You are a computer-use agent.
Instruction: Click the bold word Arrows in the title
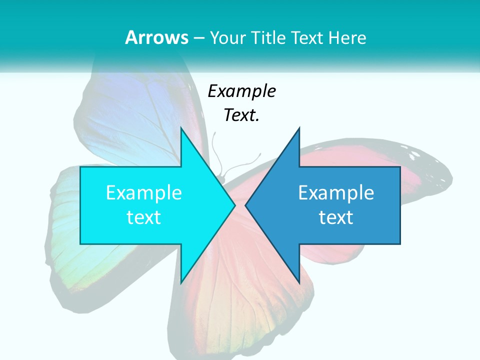point(156,37)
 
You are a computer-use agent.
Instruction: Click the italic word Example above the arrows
point(241,91)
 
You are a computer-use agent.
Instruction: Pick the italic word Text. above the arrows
point(241,115)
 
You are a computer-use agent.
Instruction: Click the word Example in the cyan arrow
point(144,192)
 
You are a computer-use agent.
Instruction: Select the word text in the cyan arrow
point(144,217)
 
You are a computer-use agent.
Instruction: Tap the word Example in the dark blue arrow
point(336,192)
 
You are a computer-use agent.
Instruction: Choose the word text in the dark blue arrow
point(336,217)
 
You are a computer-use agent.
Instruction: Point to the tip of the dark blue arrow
point(246,205)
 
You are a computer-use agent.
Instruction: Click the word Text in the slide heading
point(307,37)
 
